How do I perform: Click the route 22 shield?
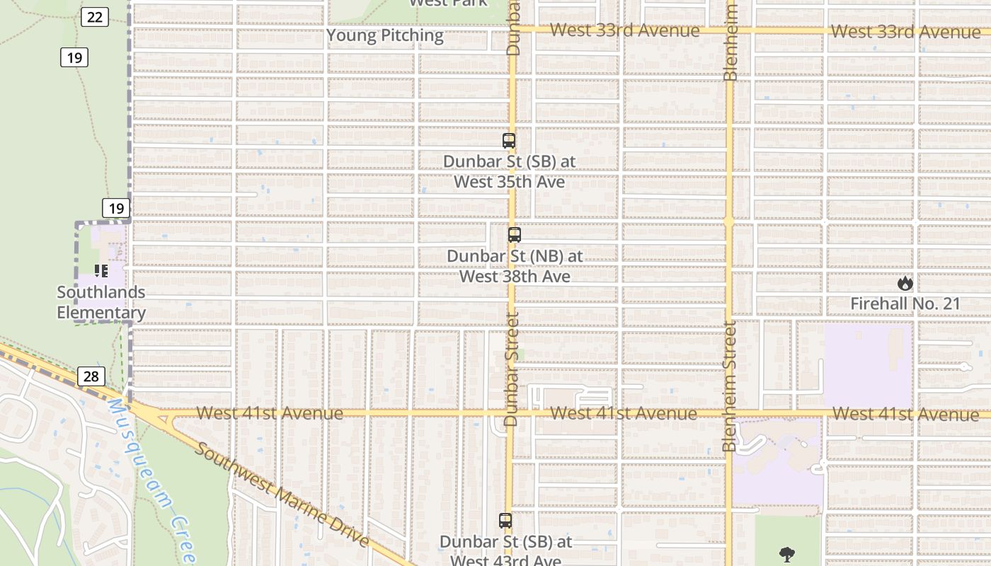94,17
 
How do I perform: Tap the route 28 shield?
91,376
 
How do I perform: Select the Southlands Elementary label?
101,302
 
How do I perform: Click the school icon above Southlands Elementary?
101,271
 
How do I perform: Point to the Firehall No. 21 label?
905,304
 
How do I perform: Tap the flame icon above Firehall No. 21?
905,284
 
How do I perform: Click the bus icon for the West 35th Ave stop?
509,141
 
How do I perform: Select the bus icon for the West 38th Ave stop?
515,235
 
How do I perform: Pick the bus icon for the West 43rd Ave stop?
505,521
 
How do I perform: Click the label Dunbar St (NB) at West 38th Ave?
515,265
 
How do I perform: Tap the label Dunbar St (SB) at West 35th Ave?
509,171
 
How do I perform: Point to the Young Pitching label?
385,35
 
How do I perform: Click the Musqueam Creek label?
150,481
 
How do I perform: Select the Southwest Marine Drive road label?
282,495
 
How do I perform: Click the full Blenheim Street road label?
730,386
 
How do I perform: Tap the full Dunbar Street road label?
512,369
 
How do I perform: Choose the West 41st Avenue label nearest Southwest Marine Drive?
270,413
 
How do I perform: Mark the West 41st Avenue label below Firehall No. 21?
906,413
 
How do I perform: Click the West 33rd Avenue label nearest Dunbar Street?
624,30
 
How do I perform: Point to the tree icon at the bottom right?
786,555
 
